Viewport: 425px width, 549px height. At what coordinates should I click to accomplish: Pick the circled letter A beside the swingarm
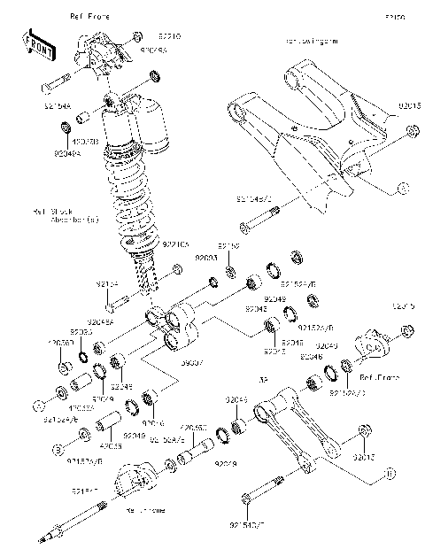click(x=401, y=188)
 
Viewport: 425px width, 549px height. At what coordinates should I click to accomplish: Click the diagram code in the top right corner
click(x=394, y=17)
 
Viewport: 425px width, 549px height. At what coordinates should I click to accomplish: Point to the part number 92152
click(x=228, y=245)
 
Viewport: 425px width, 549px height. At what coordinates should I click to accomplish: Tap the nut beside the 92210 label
click(x=137, y=36)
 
